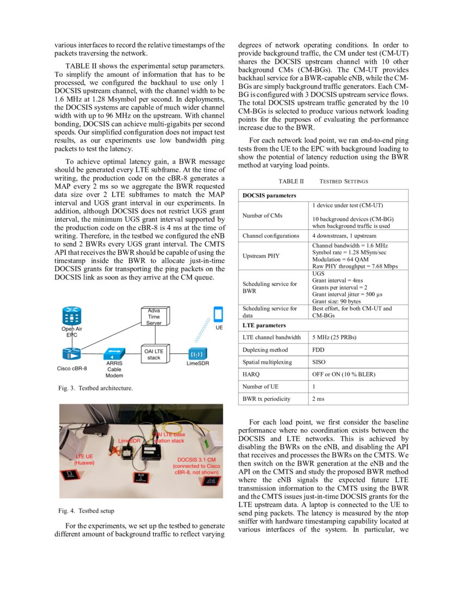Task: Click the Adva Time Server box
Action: click(x=154, y=317)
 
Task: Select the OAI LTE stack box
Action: click(x=154, y=354)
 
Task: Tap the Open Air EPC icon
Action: click(x=71, y=315)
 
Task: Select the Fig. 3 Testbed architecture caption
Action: click(x=95, y=388)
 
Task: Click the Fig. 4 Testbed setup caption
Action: click(x=86, y=511)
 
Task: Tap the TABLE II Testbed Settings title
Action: click(x=323, y=181)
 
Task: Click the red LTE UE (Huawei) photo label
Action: click(x=84, y=460)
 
